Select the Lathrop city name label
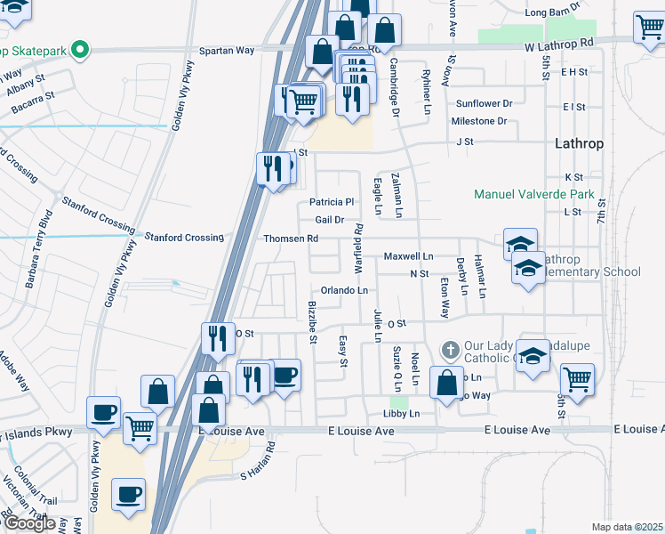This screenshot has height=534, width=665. click(579, 142)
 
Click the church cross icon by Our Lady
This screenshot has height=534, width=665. click(451, 349)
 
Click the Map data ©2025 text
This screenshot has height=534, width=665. click(628, 527)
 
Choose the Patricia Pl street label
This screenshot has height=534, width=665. click(332, 202)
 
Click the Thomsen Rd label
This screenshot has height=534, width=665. click(291, 239)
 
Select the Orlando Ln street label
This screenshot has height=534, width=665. click(344, 291)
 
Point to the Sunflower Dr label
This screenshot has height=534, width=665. click(485, 103)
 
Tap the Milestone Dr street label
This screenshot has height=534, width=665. click(478, 121)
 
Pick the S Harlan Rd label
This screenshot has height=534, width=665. click(259, 465)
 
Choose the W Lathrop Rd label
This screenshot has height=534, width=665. click(558, 43)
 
